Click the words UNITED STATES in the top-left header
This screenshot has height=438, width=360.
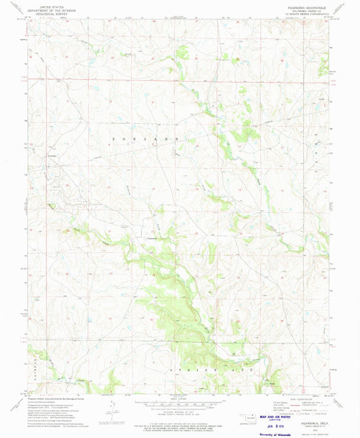click(x=45, y=6)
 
